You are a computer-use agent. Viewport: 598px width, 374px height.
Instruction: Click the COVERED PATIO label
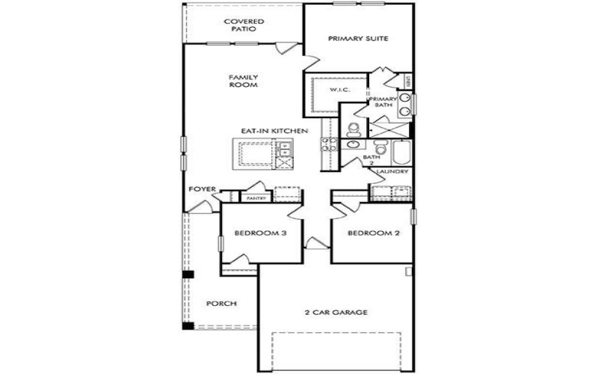click(x=244, y=25)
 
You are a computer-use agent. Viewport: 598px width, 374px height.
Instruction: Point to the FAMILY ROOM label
click(x=244, y=81)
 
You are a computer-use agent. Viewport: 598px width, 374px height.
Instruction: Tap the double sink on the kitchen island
click(x=284, y=156)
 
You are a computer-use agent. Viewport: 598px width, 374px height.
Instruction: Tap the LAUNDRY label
click(x=392, y=173)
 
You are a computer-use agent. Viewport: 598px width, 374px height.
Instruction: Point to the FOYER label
click(x=201, y=189)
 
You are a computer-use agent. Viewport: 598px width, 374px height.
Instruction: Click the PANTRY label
click(x=256, y=198)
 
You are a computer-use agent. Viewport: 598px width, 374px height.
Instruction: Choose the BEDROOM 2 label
click(x=374, y=233)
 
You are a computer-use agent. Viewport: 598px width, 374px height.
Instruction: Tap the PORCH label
click(x=221, y=304)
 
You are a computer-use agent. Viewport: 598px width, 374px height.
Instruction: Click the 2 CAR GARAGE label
click(x=336, y=312)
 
